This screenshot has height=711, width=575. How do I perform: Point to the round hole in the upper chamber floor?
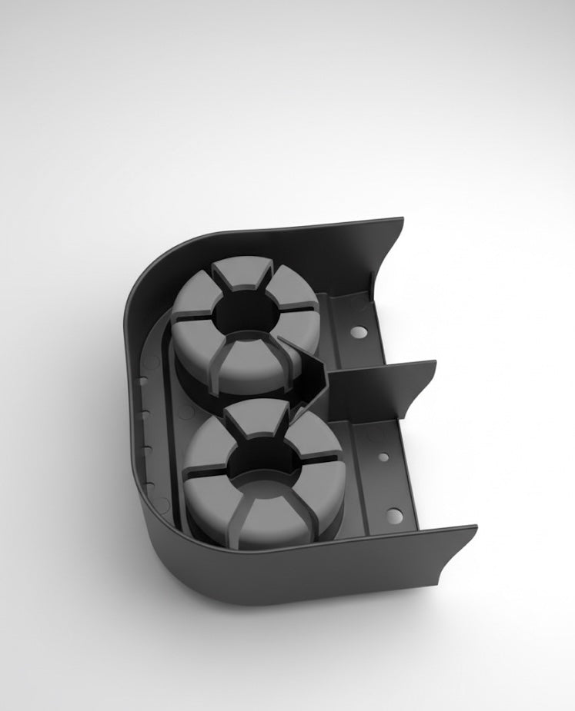pos(358,332)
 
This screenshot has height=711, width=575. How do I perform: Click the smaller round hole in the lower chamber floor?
pos(383,457)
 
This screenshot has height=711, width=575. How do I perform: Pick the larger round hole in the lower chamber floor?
pos(393,514)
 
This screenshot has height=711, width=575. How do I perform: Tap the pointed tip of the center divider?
pos(282,338)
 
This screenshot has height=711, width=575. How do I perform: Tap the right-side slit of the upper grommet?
pos(302,309)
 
